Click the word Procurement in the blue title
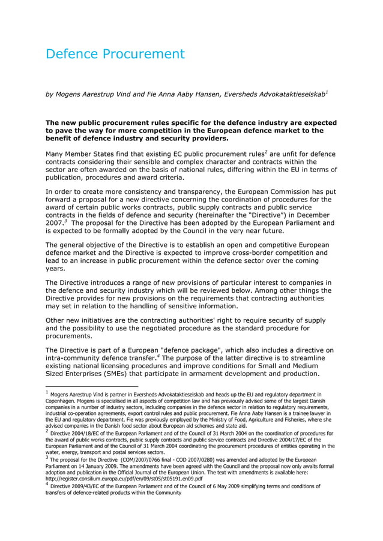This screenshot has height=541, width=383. (142, 55)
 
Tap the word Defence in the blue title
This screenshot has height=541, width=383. (71, 55)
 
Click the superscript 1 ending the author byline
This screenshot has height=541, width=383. (327, 92)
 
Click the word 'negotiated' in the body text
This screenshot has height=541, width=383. (189, 328)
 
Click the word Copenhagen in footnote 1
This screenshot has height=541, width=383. (64, 401)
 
